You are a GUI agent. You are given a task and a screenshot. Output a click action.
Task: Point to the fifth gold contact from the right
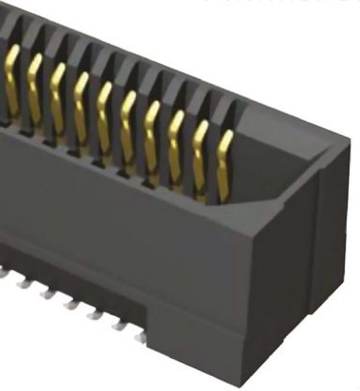click(128, 124)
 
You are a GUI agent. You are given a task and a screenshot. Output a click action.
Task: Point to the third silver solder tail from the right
click(94, 314)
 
